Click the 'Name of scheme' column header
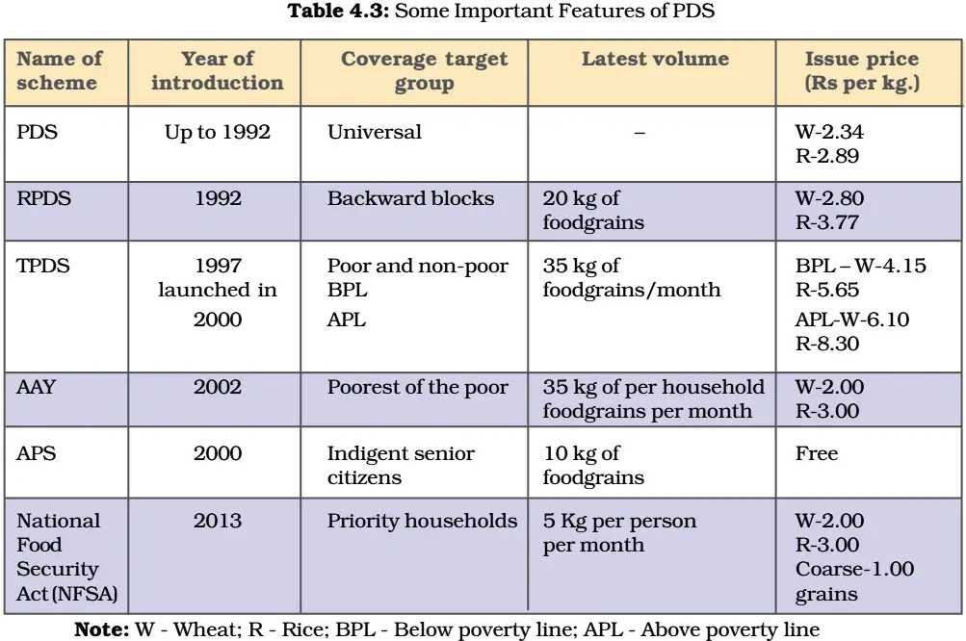pyautogui.click(x=59, y=70)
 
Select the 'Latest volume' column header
pyautogui.click(x=655, y=59)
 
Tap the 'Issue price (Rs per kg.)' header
pyautogui.click(x=862, y=71)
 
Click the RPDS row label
pyautogui.click(x=43, y=198)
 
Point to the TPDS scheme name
pyautogui.click(x=43, y=266)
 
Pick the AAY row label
pyautogui.click(x=37, y=387)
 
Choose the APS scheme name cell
pyautogui.click(x=37, y=453)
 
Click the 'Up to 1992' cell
pyautogui.click(x=218, y=133)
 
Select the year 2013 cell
pyautogui.click(x=218, y=521)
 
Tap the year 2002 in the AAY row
pyautogui.click(x=218, y=387)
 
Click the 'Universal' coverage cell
pyautogui.click(x=375, y=132)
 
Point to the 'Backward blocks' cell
pyautogui.click(x=410, y=198)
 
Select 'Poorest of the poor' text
pyautogui.click(x=418, y=387)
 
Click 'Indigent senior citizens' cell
pyautogui.click(x=401, y=466)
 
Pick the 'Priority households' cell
pyautogui.click(x=422, y=521)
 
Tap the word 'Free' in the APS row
pyautogui.click(x=817, y=453)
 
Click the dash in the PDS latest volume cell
pyautogui.click(x=640, y=133)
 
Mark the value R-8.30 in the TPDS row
pyautogui.click(x=826, y=344)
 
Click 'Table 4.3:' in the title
pyautogui.click(x=338, y=12)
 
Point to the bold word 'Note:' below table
pyautogui.click(x=102, y=629)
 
